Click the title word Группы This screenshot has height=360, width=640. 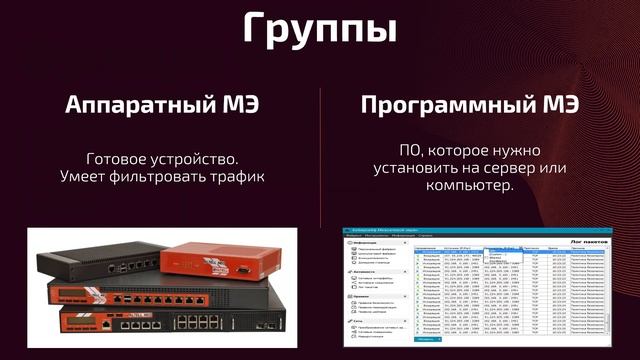point(320,28)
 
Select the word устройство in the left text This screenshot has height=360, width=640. point(200,159)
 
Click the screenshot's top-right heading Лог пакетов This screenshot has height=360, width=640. point(589,239)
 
